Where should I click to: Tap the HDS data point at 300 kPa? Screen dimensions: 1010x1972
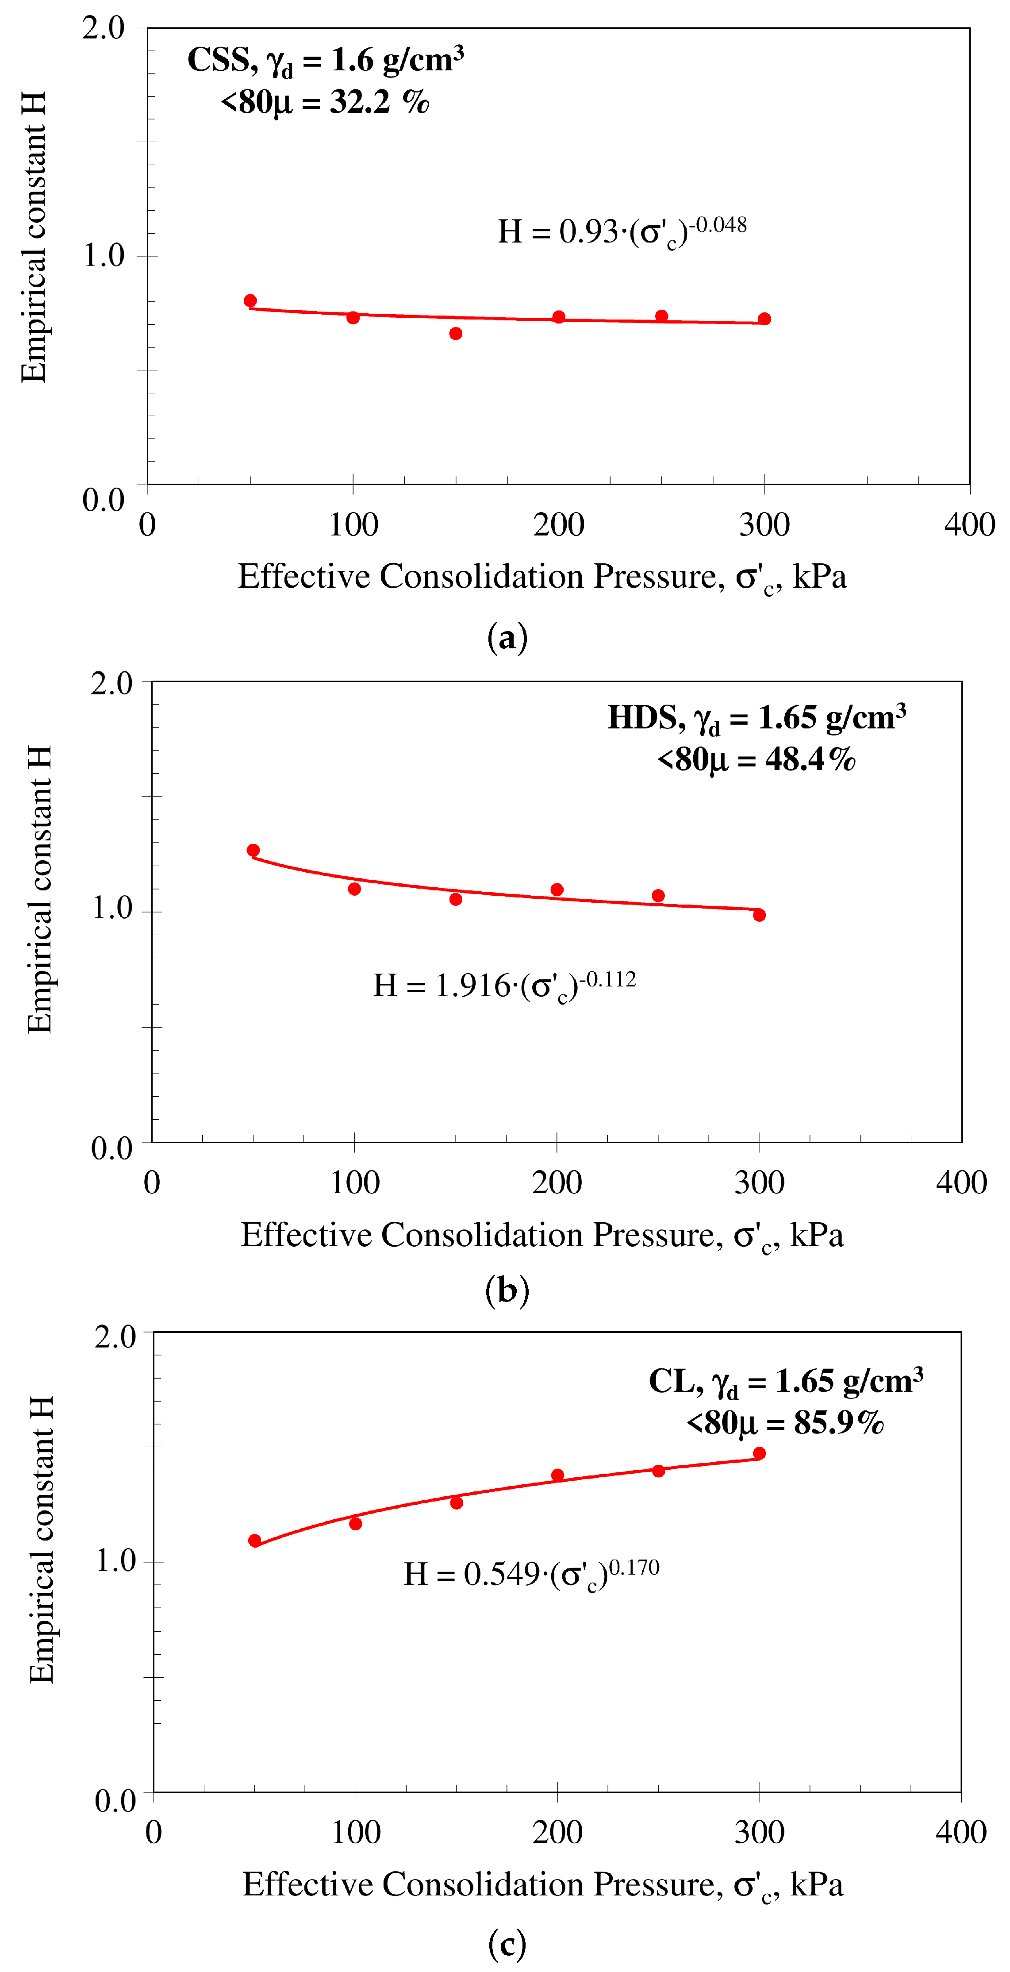[x=759, y=915]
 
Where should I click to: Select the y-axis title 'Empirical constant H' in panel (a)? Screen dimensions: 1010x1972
[x=34, y=237]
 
